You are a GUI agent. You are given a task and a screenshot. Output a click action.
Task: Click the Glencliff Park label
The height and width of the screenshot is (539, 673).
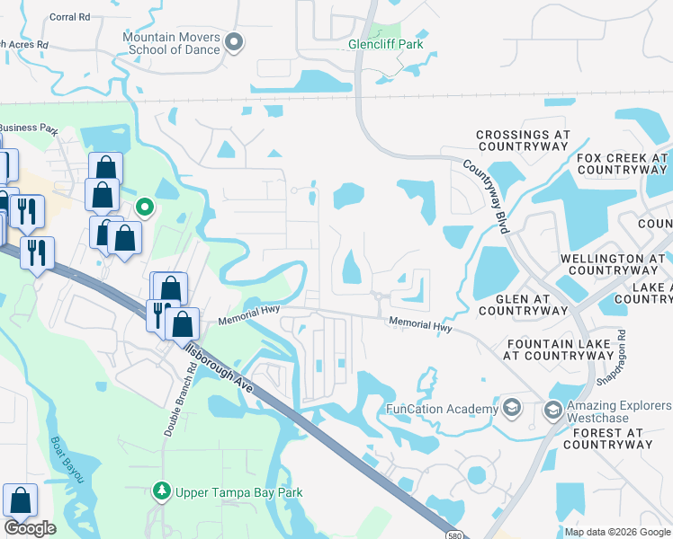click(x=386, y=43)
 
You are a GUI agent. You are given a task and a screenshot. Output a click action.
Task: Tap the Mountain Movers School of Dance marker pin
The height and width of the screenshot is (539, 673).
click(x=235, y=41)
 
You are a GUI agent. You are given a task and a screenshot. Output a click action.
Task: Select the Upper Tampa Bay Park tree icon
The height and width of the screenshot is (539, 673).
click(x=162, y=491)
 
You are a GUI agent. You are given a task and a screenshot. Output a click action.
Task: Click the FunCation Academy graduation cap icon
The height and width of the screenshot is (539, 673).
click(x=512, y=409)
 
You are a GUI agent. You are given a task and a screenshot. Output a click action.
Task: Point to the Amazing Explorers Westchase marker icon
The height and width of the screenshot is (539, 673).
click(x=553, y=411)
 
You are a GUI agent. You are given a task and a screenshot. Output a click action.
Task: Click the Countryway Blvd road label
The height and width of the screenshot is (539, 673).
click(x=487, y=196)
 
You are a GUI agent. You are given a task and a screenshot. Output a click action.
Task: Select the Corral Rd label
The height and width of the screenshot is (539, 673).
click(x=70, y=17)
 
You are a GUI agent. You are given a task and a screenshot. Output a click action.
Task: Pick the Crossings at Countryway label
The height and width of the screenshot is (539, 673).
click(x=524, y=140)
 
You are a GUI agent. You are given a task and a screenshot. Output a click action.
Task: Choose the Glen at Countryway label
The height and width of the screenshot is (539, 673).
click(x=523, y=305)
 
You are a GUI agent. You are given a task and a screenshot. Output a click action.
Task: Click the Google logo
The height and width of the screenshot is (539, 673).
click(x=31, y=528)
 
